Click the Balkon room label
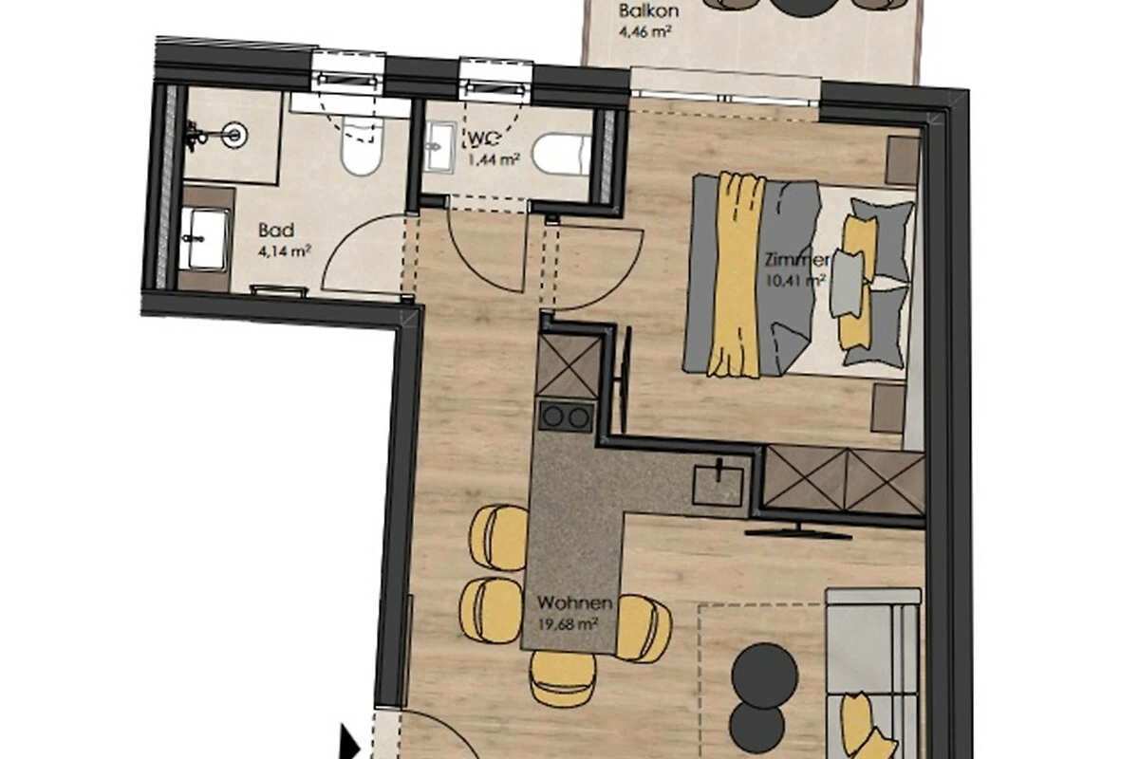648,10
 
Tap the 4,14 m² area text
285,250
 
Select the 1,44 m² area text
494,160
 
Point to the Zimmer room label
796,260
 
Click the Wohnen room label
574,602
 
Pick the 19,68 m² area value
568,623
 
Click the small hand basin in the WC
439,147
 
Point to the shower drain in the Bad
235,135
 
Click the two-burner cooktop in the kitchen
566,417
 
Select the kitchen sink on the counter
718,483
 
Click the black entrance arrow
350,743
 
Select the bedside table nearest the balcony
903,161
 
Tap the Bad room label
276,231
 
